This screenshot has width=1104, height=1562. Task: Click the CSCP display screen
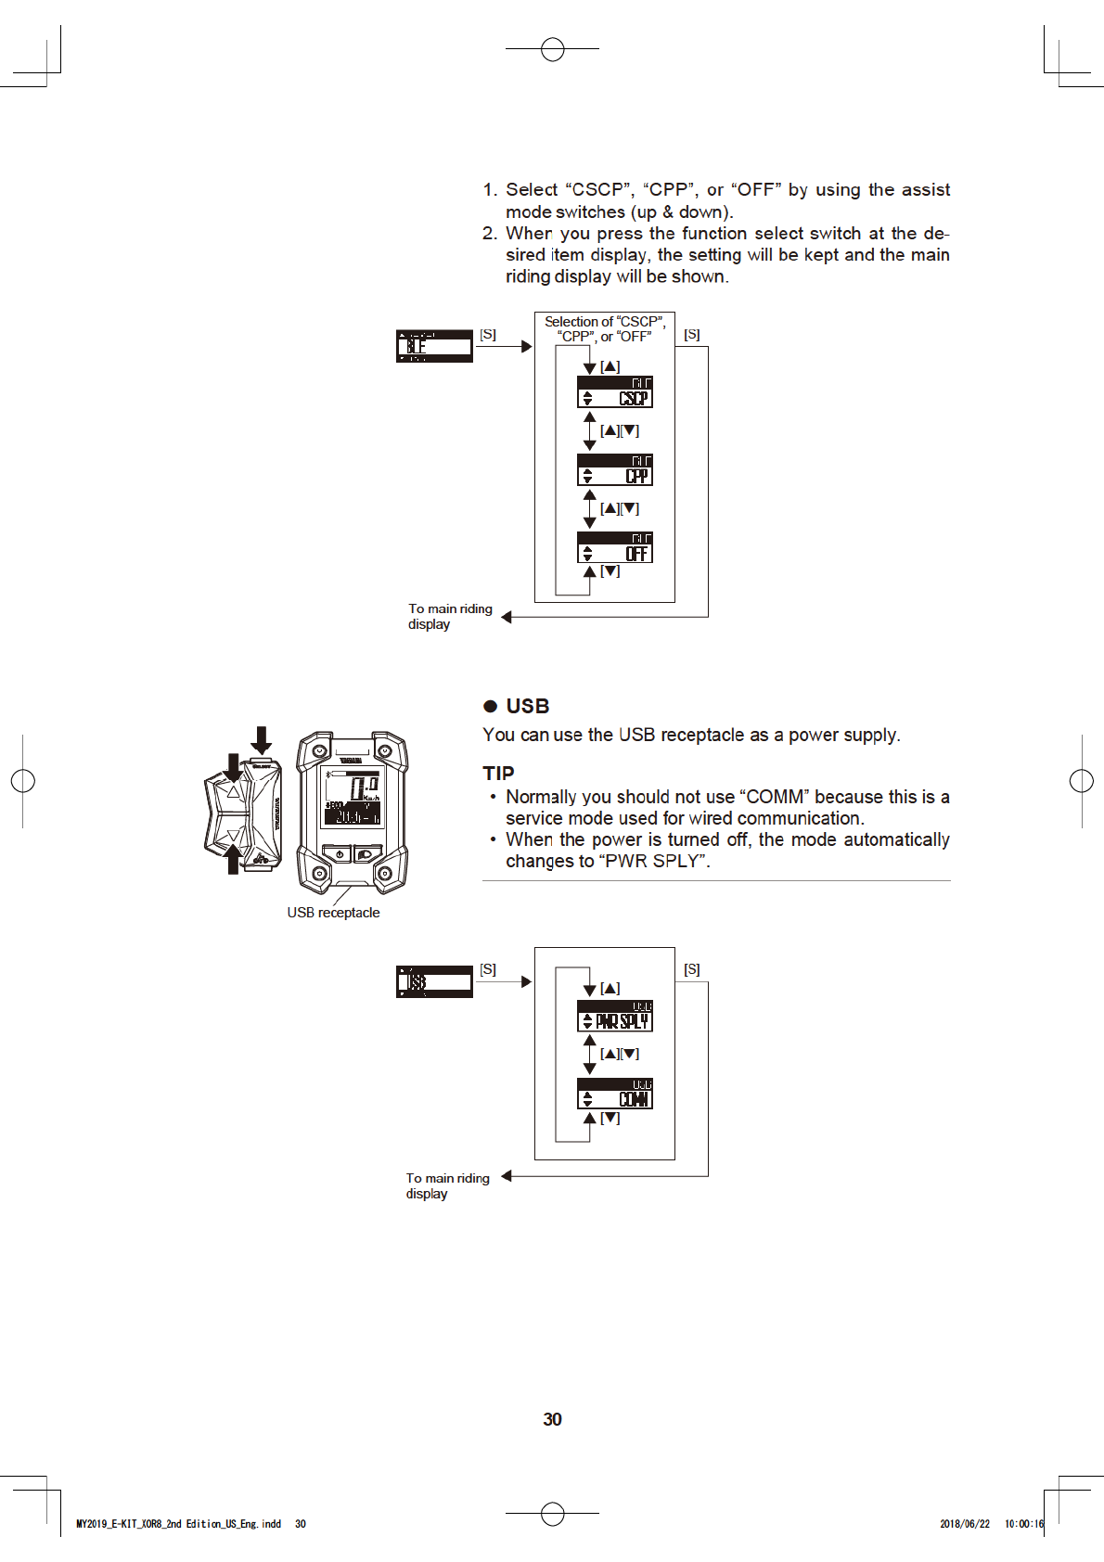click(x=614, y=391)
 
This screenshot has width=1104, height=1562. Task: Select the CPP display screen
click(x=614, y=469)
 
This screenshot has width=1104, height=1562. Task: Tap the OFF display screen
click(x=614, y=547)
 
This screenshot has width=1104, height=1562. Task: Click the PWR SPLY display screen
click(x=614, y=1016)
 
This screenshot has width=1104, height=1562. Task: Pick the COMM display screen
click(x=614, y=1094)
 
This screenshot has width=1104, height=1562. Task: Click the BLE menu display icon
click(x=434, y=346)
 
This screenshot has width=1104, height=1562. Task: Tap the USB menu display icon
click(x=434, y=981)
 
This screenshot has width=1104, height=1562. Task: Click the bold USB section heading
click(x=528, y=707)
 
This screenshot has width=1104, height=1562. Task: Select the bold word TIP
click(x=498, y=774)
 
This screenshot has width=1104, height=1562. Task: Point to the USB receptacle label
click(x=333, y=913)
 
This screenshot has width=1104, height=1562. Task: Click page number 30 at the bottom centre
click(x=552, y=1419)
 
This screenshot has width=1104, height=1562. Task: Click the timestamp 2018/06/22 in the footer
click(x=964, y=1524)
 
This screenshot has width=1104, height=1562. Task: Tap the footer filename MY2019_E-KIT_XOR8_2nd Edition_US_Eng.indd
click(x=178, y=1524)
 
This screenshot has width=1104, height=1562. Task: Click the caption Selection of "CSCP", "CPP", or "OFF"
click(x=604, y=329)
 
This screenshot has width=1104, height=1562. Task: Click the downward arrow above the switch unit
click(x=262, y=739)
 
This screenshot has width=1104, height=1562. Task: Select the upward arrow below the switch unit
click(x=233, y=860)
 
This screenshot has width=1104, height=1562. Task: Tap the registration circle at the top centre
click(x=552, y=49)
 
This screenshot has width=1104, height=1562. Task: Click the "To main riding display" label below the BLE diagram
click(x=449, y=617)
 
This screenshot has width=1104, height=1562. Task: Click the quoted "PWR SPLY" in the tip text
click(x=654, y=861)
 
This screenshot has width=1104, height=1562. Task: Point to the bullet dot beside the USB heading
click(x=491, y=707)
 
